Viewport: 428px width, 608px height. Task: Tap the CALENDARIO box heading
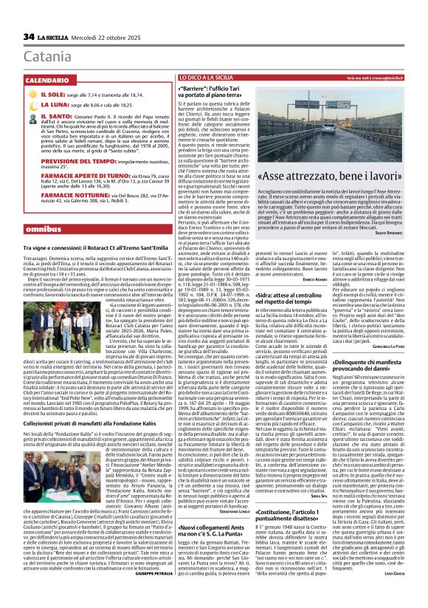pyautogui.click(x=51, y=79)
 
